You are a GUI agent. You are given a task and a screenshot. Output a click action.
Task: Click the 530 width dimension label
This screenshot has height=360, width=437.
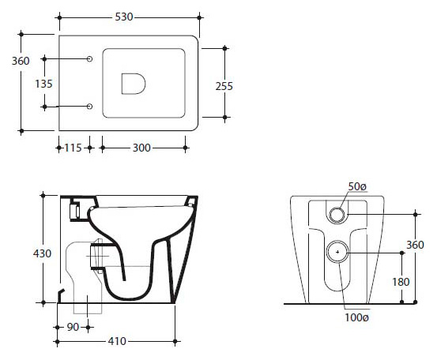point(124,17)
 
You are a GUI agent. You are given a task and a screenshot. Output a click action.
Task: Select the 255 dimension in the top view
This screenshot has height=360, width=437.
point(224,86)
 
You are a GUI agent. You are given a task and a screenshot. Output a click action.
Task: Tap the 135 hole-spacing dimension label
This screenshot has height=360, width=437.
point(43,84)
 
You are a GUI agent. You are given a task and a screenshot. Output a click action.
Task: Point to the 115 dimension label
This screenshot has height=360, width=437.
point(73,148)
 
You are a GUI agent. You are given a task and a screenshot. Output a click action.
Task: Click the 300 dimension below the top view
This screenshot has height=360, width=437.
point(141,148)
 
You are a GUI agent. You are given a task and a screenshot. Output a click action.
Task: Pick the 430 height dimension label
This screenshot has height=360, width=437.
point(42,253)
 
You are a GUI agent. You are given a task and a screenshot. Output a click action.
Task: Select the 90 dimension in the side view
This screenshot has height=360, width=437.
point(73,327)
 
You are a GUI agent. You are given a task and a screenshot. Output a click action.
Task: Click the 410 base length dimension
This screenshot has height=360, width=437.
point(117,341)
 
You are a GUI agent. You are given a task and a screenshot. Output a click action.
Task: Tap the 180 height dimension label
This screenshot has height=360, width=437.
point(401,282)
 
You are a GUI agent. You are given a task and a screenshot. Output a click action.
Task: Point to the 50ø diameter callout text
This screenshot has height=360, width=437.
point(357,187)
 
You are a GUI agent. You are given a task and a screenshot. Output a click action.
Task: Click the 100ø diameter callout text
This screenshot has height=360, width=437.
point(356,317)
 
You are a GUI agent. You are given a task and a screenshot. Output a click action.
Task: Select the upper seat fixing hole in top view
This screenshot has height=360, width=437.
point(89,58)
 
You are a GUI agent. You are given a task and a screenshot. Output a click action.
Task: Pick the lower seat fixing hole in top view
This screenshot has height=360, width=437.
point(89,107)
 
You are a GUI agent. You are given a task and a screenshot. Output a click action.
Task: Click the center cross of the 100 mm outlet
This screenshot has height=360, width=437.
point(337,252)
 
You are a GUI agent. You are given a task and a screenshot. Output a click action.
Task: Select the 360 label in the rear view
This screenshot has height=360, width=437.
point(415,245)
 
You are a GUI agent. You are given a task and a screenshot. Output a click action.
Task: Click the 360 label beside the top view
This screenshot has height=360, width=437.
point(21,61)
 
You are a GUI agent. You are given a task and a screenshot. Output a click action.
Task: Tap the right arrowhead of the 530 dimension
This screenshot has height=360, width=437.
point(199,17)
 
